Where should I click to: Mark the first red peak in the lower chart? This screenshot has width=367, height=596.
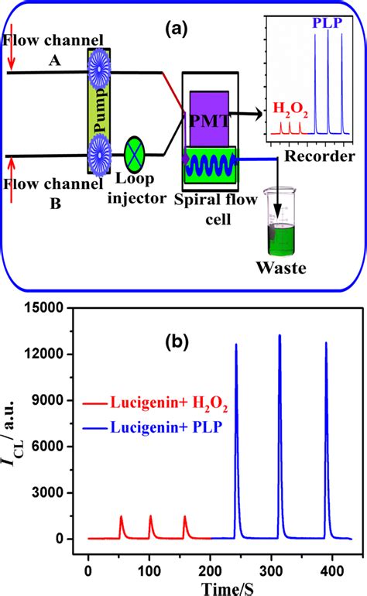[121, 516]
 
